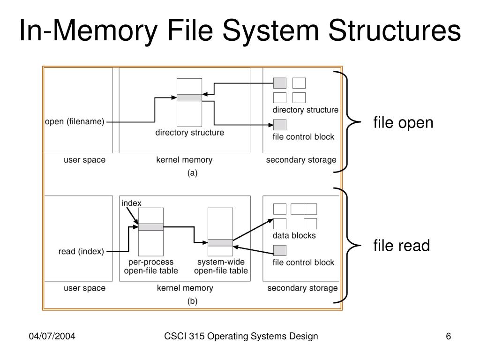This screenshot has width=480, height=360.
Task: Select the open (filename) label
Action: tap(75, 122)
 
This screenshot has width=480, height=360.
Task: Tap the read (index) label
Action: tap(81, 251)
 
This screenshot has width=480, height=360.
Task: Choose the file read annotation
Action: tap(401, 245)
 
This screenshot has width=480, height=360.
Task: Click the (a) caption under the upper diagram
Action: tap(193, 173)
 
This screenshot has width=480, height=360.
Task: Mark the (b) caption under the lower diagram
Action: tap(193, 301)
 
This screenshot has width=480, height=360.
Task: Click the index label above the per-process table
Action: tap(131, 203)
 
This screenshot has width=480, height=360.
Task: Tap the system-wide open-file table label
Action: tap(221, 266)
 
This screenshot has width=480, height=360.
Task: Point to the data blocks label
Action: tap(294, 235)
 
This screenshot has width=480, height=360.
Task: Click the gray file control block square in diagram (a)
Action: tap(280, 125)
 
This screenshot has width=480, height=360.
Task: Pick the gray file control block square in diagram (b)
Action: tap(280, 250)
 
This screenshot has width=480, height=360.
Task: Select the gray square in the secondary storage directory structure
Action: tap(280, 83)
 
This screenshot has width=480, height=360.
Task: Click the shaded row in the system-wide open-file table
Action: tap(220, 242)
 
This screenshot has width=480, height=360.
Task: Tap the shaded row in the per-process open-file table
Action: tap(151, 227)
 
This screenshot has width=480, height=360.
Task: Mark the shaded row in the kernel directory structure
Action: tap(189, 97)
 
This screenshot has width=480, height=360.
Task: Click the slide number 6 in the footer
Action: tap(449, 337)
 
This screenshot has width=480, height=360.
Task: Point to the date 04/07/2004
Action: tap(52, 337)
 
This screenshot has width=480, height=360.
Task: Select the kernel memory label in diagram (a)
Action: tap(184, 160)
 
